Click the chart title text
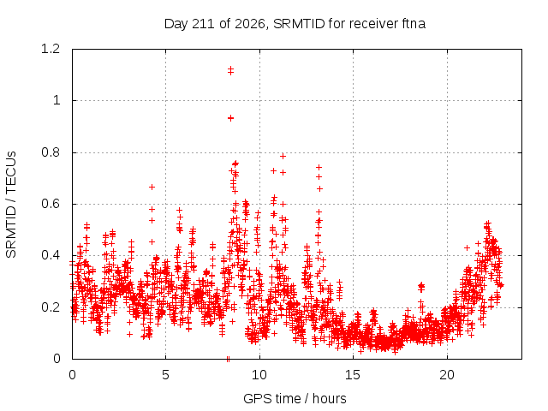pyautogui.click(x=295, y=24)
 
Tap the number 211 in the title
pyautogui.click(x=204, y=24)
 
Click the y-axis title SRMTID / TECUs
pyautogui.click(x=11, y=205)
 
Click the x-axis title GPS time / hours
pyautogui.click(x=295, y=398)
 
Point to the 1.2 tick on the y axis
pyautogui.click(x=51, y=49)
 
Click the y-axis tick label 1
pyautogui.click(x=57, y=101)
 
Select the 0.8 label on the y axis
pyautogui.click(x=51, y=152)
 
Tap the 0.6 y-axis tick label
pyautogui.click(x=51, y=204)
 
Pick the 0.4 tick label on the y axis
pyautogui.click(x=51, y=255)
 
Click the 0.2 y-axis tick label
pyautogui.click(x=51, y=307)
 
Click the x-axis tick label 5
pyautogui.click(x=165, y=375)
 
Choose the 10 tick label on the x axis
pyautogui.click(x=259, y=375)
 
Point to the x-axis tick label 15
pyautogui.click(x=353, y=375)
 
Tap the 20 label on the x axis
pyautogui.click(x=447, y=375)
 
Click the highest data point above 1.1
pyautogui.click(x=230, y=69)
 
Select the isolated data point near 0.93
pyautogui.click(x=230, y=118)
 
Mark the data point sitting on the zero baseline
pyautogui.click(x=229, y=359)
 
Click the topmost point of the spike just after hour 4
pyautogui.click(x=152, y=187)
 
